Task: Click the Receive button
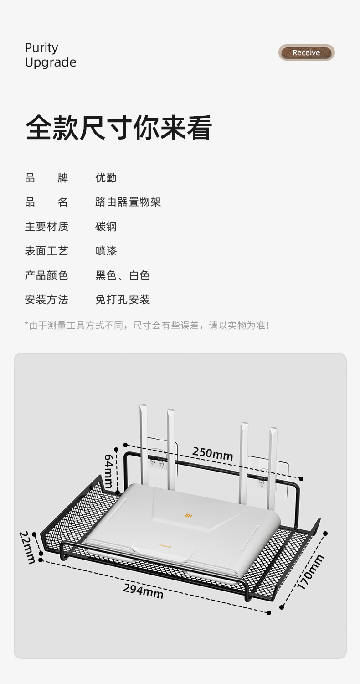tap(306, 53)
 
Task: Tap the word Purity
tap(41, 48)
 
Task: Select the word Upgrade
tap(51, 62)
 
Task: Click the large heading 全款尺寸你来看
tap(119, 128)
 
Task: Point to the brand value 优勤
tap(106, 178)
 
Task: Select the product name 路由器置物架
tap(128, 202)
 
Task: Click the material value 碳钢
tap(106, 227)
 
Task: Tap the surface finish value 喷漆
tap(106, 251)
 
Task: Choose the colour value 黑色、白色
tap(122, 275)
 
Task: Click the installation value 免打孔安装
tap(123, 300)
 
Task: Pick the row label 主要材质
tap(46, 227)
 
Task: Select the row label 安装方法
tap(46, 300)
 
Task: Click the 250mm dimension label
tap(212, 454)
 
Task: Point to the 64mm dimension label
tap(109, 471)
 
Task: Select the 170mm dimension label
tap(310, 572)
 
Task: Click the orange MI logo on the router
tap(189, 515)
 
